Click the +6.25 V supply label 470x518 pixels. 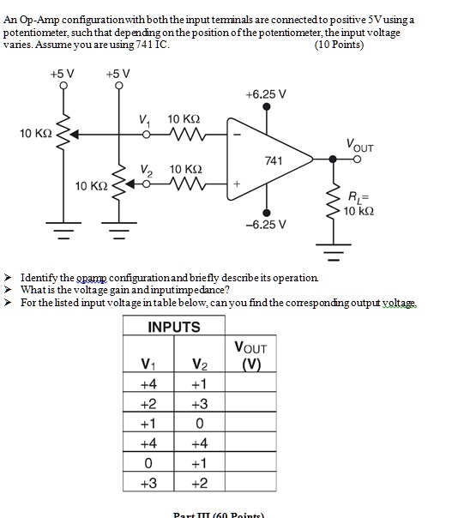[x=265, y=93]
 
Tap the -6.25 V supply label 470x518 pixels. [x=265, y=225]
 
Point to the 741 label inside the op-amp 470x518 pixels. [x=274, y=160]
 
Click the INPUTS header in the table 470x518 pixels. [x=174, y=327]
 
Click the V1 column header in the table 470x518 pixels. [x=149, y=364]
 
